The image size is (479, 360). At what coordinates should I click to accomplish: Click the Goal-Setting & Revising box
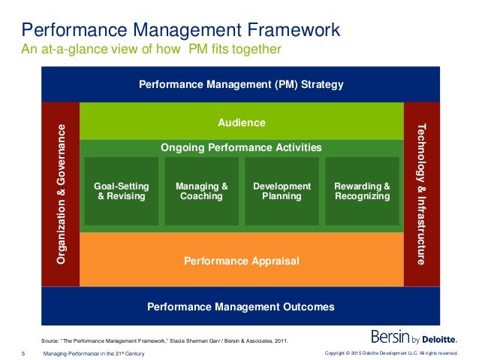(x=122, y=191)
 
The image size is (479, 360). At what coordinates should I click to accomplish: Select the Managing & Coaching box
(x=201, y=191)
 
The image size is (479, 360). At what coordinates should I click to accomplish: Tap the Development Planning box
(x=282, y=191)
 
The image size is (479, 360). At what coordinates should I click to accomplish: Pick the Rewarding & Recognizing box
(x=362, y=191)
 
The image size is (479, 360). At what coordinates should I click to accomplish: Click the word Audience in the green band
(x=241, y=122)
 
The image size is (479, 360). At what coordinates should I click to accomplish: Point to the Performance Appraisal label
(x=241, y=261)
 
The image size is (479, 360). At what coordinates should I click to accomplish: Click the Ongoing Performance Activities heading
(x=241, y=147)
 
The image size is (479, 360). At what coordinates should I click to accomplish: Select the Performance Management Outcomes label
(x=241, y=307)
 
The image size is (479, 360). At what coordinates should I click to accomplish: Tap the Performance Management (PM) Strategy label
(x=241, y=85)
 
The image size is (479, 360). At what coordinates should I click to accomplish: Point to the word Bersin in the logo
(x=389, y=337)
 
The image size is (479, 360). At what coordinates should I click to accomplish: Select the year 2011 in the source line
(x=278, y=340)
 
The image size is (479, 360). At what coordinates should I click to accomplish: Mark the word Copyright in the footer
(x=336, y=353)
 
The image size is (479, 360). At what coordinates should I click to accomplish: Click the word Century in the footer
(x=133, y=353)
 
